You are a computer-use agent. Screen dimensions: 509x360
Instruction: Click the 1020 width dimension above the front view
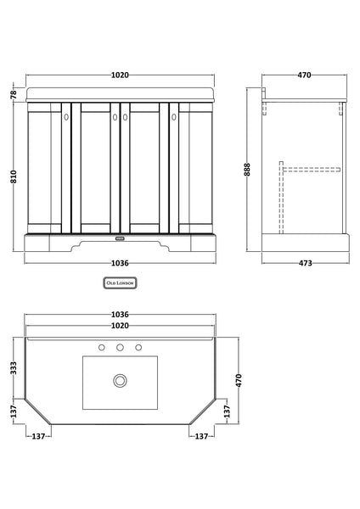coord(120,75)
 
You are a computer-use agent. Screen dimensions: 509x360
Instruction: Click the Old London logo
coord(120,282)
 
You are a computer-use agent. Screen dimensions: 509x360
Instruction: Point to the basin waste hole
coord(120,382)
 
